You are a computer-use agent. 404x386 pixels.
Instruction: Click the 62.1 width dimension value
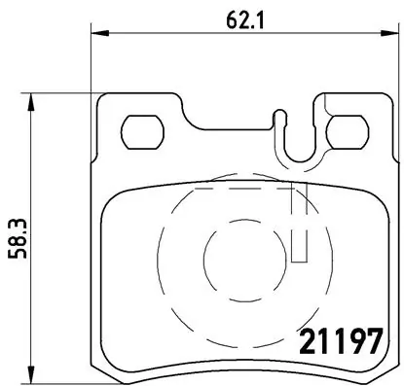239,17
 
